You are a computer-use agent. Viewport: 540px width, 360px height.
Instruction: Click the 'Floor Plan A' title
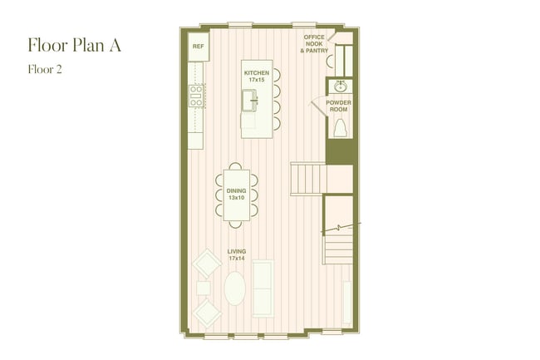pyautogui.click(x=74, y=45)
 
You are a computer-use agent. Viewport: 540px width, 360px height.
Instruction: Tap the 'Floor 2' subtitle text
pyautogui.click(x=46, y=71)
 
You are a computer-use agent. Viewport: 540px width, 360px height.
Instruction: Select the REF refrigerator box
pyautogui.click(x=198, y=47)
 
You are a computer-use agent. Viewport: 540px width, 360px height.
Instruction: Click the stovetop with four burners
pyautogui.click(x=196, y=96)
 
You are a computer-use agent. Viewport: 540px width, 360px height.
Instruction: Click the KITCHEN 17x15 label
pyautogui.click(x=256, y=76)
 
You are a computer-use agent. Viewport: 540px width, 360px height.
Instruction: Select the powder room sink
pyautogui.click(x=339, y=86)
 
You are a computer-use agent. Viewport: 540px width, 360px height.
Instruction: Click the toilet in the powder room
pyautogui.click(x=339, y=128)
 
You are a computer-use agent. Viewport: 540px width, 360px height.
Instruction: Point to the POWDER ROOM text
pyautogui.click(x=339, y=106)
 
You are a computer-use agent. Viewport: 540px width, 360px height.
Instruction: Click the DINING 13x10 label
pyautogui.click(x=236, y=195)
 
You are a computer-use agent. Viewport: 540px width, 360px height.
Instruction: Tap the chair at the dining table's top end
pyautogui.click(x=236, y=165)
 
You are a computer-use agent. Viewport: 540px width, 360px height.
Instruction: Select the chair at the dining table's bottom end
pyautogui.click(x=236, y=224)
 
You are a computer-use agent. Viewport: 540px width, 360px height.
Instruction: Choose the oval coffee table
pyautogui.click(x=235, y=288)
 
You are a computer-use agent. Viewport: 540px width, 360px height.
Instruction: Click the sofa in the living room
pyautogui.click(x=263, y=288)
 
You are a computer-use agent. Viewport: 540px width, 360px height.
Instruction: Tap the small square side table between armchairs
pyautogui.click(x=204, y=288)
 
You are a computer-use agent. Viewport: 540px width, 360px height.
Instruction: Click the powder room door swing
pyautogui.click(x=319, y=109)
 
